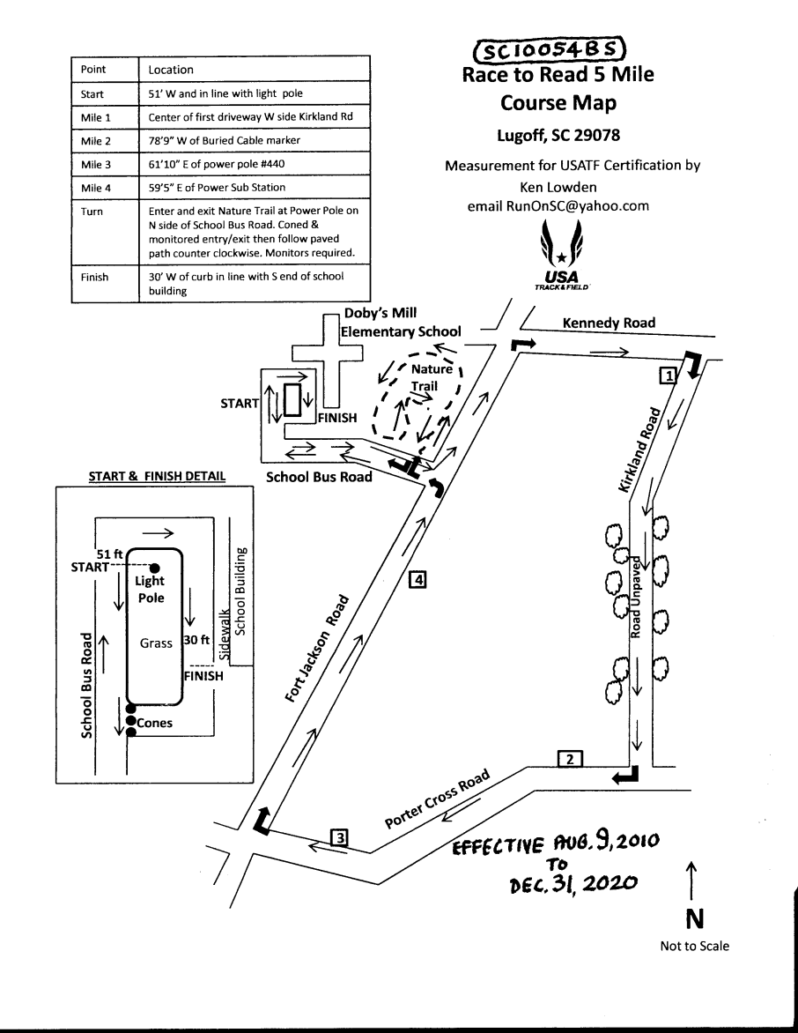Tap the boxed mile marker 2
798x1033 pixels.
570,758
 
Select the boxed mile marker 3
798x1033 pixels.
339,837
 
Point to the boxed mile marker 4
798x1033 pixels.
418,580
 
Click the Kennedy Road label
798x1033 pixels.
608,323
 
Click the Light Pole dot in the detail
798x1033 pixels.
154,568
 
